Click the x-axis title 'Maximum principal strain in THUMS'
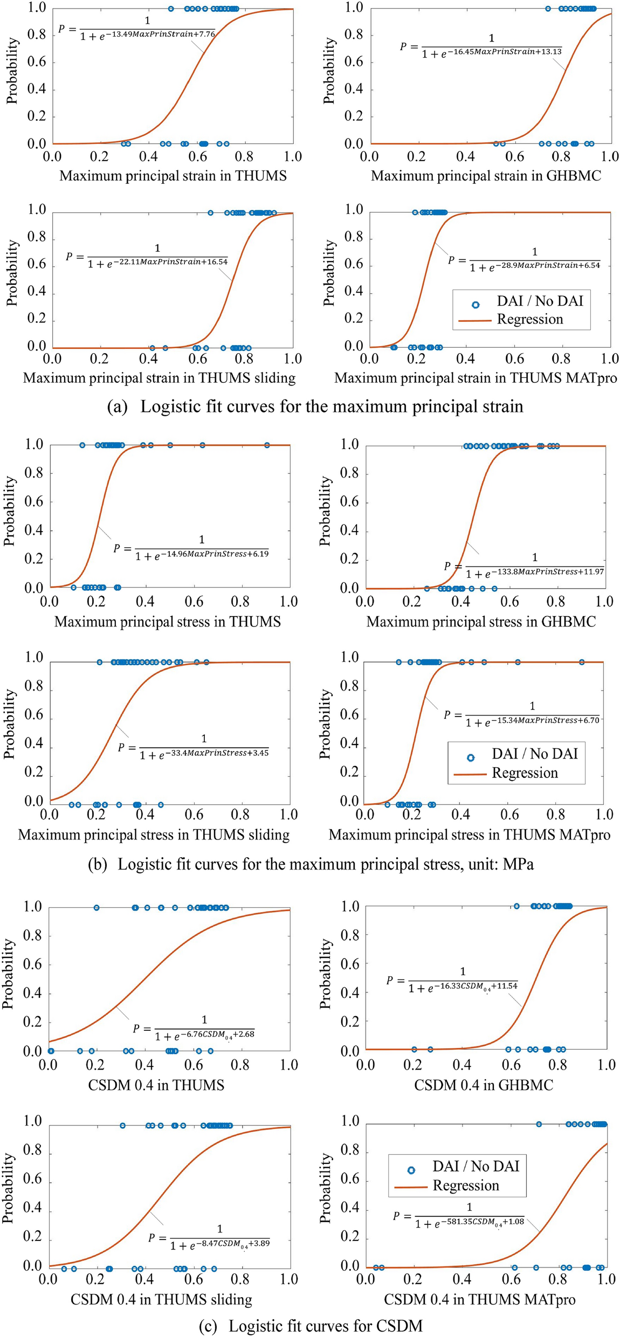[x=173, y=176]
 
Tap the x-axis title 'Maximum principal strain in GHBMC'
[x=486, y=176]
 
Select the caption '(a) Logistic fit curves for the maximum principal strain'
[x=315, y=406]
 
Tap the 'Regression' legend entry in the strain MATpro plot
[x=529, y=319]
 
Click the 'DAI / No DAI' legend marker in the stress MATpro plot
[x=471, y=757]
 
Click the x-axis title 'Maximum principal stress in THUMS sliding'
[x=154, y=835]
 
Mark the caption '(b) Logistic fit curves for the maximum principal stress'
[x=311, y=864]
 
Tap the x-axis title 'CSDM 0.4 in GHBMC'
[x=484, y=1085]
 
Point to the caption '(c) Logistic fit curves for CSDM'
[x=311, y=1326]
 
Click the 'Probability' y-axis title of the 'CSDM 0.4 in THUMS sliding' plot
[x=8, y=1188]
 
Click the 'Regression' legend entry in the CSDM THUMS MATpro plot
[x=465, y=1186]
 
